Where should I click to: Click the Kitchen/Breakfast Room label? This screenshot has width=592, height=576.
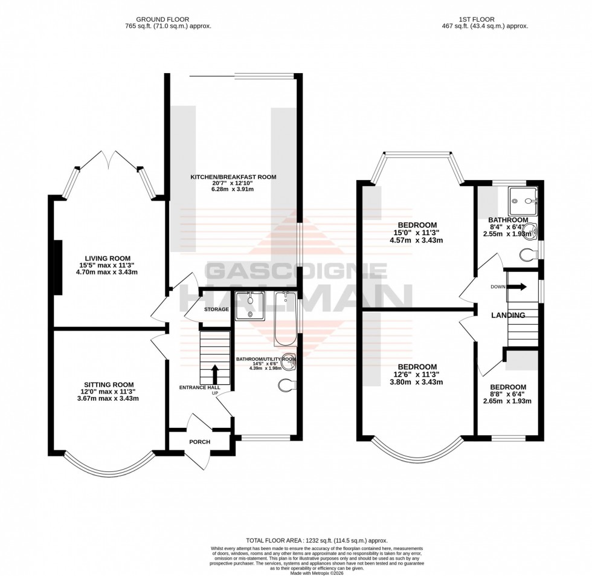click(233, 177)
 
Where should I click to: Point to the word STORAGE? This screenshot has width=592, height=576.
click(216, 309)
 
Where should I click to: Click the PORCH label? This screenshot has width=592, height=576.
click(199, 442)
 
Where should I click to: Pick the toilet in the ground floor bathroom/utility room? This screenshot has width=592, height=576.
click(288, 384)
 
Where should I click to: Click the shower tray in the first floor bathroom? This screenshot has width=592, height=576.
click(523, 196)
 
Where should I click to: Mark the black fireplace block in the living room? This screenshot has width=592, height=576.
click(58, 267)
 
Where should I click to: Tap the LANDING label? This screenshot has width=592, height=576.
click(507, 316)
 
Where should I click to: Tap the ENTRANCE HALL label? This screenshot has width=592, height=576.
click(199, 387)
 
